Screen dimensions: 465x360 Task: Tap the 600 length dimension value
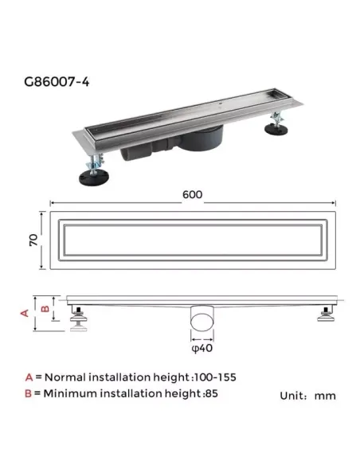(x=192, y=194)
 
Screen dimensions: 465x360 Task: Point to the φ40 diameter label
(x=201, y=346)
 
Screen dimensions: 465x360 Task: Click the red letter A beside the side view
(x=24, y=313)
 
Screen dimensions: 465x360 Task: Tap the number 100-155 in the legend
(x=216, y=377)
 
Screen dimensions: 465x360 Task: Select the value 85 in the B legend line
(x=211, y=393)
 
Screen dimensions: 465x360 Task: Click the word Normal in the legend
(x=65, y=377)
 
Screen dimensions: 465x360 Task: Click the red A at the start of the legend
(x=29, y=377)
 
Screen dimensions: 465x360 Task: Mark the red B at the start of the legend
(x=29, y=393)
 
